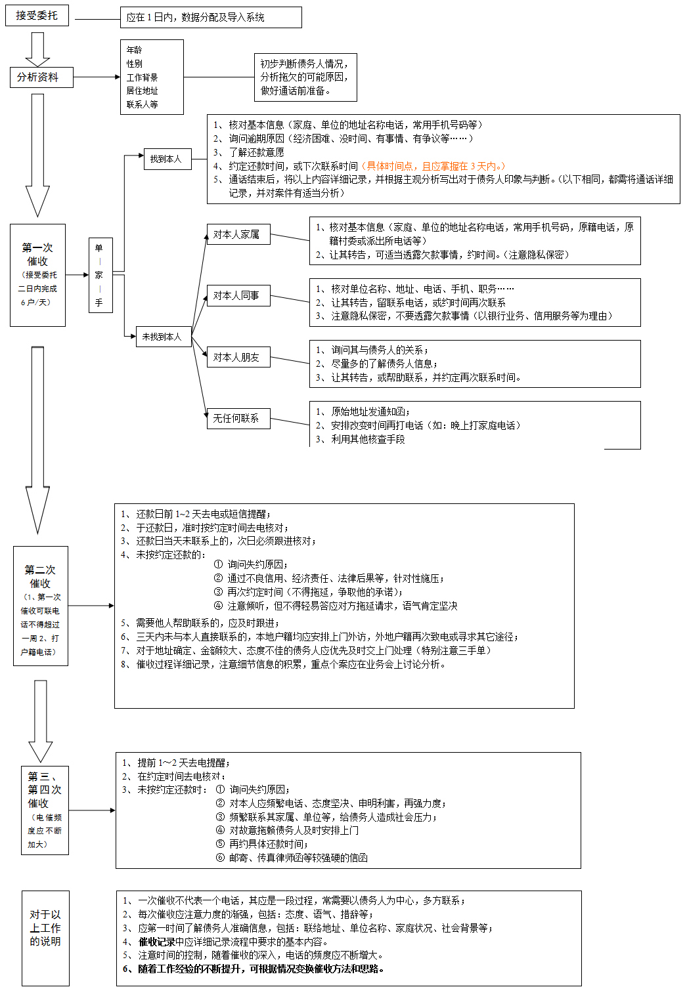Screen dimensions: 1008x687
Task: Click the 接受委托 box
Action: point(37,15)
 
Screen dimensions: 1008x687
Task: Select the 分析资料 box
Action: point(41,77)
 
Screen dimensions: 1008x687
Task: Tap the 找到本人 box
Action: point(167,159)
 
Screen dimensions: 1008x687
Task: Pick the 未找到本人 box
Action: point(163,337)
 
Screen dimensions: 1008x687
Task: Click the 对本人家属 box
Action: point(237,234)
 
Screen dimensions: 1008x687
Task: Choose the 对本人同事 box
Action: point(237,296)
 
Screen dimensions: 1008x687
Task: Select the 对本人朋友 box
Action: point(237,358)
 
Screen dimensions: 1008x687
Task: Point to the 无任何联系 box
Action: point(237,418)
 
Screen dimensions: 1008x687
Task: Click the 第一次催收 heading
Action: point(37,255)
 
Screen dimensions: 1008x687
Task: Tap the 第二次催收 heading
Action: point(40,576)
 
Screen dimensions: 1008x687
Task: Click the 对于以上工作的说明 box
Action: point(45,928)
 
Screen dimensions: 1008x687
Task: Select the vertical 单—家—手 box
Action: point(100,275)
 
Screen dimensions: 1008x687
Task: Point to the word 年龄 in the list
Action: point(135,50)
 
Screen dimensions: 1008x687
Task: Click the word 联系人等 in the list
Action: point(143,104)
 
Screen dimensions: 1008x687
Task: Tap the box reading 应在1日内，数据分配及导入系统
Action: point(210,18)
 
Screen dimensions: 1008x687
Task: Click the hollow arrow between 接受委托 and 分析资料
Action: point(37,49)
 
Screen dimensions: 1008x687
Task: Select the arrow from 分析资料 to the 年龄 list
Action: point(97,77)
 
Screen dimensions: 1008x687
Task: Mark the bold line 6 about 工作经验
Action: point(254,969)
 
